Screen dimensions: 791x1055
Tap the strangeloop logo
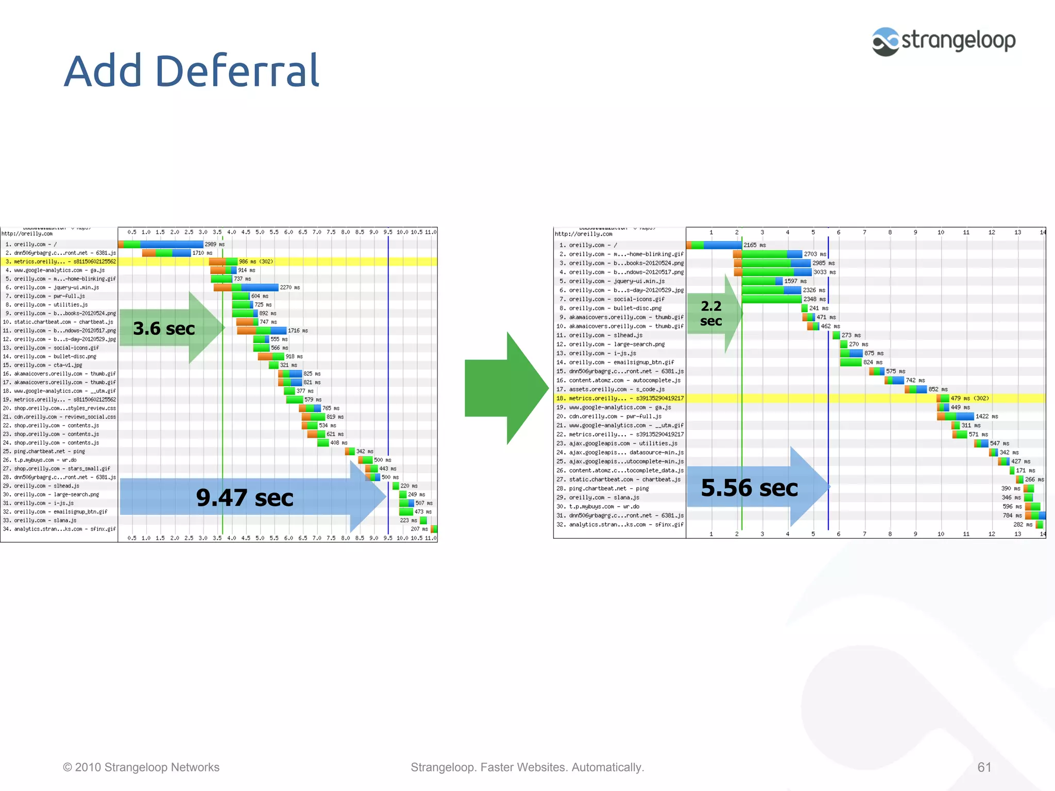(944, 41)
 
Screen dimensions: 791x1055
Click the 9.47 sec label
(245, 498)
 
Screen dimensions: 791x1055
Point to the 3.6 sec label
(164, 329)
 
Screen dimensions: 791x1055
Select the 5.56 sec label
(750, 488)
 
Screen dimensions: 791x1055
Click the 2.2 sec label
(711, 313)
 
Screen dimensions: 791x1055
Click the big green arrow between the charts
(506, 388)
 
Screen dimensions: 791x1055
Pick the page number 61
(984, 767)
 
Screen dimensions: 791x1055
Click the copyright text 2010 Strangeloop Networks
(141, 767)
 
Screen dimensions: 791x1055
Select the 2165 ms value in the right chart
(754, 245)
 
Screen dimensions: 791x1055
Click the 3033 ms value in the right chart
(824, 272)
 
